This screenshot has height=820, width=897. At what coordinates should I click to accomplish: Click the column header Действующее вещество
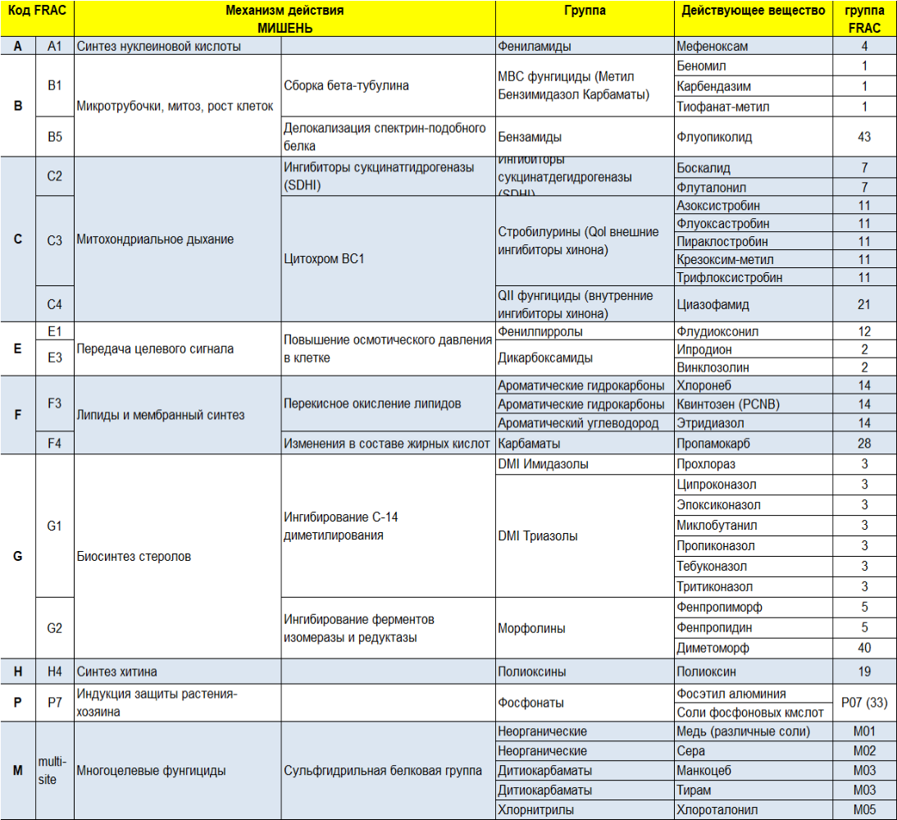tap(754, 11)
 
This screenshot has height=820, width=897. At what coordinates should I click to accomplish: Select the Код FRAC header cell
tap(37, 11)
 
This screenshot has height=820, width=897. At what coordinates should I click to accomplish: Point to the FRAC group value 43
tap(863, 137)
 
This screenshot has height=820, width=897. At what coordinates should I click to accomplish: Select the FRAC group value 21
tap(863, 304)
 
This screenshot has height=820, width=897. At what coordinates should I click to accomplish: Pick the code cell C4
tap(55, 304)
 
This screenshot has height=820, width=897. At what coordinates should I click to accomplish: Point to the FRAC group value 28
tap(863, 443)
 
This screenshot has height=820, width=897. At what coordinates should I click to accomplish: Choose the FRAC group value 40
tap(863, 648)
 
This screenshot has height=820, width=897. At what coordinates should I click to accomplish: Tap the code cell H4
tap(55, 672)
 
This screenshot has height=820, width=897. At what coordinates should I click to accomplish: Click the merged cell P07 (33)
tap(863, 703)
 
